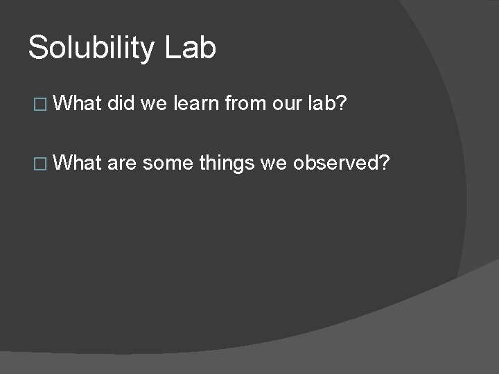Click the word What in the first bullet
click(x=77, y=104)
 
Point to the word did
click(x=121, y=104)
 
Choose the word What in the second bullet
click(x=77, y=163)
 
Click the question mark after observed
click(x=385, y=163)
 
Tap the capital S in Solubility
click(x=37, y=48)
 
